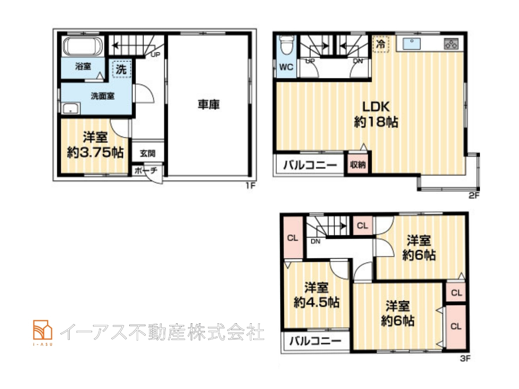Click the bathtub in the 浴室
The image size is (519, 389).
point(83,47)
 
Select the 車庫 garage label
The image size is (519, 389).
point(209,105)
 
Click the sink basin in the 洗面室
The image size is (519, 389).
point(71,108)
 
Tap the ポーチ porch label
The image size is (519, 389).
point(146,171)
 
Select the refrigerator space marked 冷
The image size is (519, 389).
point(381,44)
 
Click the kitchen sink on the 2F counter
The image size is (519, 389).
point(412,44)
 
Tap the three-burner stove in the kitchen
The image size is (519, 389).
point(451,44)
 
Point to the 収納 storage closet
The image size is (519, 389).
point(358,165)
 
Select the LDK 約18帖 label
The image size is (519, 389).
point(376,114)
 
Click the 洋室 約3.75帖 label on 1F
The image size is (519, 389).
point(95,145)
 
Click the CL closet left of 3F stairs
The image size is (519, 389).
point(293,238)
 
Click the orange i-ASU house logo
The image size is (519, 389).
point(43,330)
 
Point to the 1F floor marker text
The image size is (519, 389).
point(251,186)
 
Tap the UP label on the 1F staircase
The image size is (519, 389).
point(156,55)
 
